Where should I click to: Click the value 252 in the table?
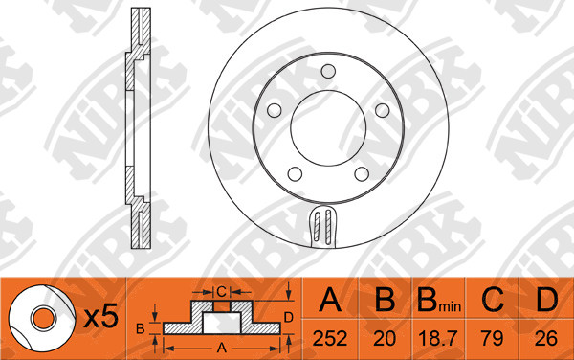click(330, 338)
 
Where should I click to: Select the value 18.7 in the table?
click(438, 338)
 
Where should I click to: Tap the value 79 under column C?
click(492, 338)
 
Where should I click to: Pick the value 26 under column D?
click(546, 338)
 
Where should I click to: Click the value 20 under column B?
click(385, 338)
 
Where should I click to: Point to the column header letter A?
click(330, 300)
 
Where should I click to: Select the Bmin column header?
click(439, 300)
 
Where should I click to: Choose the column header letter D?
click(546, 300)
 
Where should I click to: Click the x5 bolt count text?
click(101, 316)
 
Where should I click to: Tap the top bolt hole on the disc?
click(328, 71)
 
